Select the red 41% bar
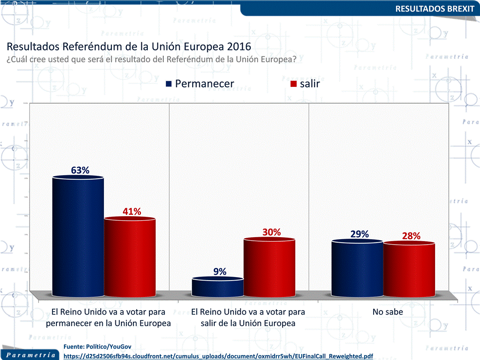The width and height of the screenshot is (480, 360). click(x=129, y=257)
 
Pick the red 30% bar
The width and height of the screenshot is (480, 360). click(x=269, y=267)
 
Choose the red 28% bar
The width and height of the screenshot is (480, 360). click(x=409, y=270)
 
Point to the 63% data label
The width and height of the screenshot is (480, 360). click(x=80, y=170)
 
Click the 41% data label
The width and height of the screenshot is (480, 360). click(x=132, y=212)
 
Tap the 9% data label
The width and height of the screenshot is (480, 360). click(x=220, y=272)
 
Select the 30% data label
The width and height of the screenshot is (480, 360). click(x=271, y=232)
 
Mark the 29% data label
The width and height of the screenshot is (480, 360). click(x=359, y=234)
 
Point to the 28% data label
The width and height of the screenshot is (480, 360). click(x=411, y=236)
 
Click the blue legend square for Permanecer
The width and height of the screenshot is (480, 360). click(x=169, y=84)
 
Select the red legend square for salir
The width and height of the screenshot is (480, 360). click(x=294, y=84)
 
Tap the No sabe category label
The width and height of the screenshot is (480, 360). click(x=388, y=312)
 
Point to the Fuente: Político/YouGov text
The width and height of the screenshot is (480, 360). click(x=97, y=347)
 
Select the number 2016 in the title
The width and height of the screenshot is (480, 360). click(x=238, y=47)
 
